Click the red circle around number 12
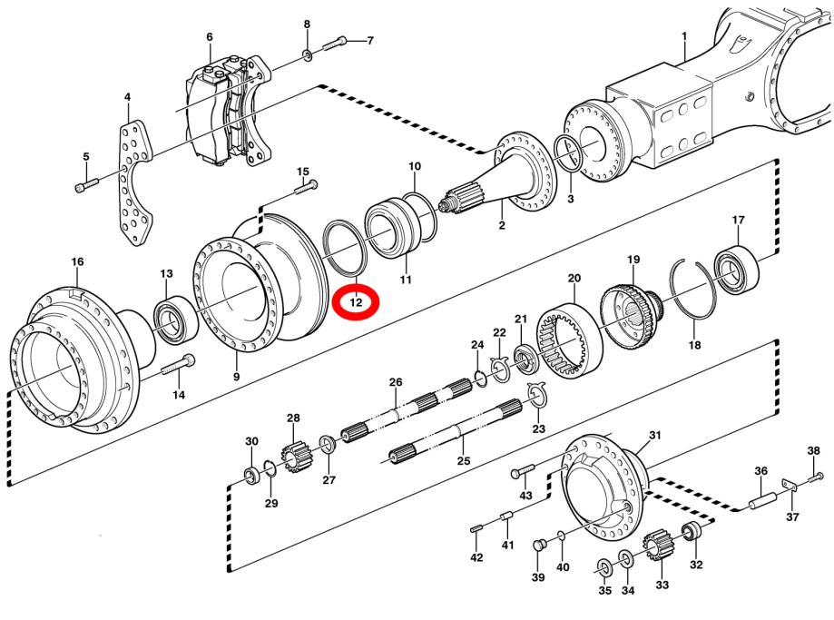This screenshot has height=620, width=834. pyautogui.click(x=356, y=300)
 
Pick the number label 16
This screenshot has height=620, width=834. pyautogui.click(x=77, y=261)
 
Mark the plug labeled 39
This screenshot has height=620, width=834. pyautogui.click(x=538, y=546)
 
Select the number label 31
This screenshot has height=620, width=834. pyautogui.click(x=655, y=436)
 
